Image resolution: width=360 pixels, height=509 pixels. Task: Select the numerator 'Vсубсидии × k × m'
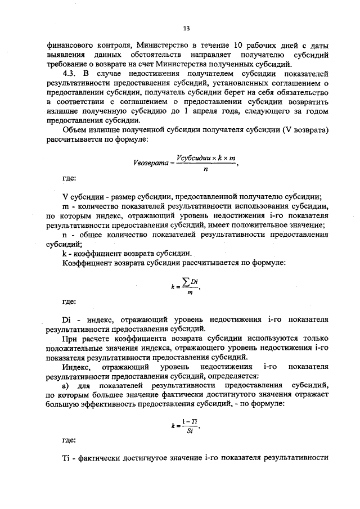coord(204,157)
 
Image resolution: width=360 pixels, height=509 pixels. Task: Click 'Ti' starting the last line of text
coord(66,458)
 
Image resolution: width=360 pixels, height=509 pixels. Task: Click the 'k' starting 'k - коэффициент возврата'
coord(64,254)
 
